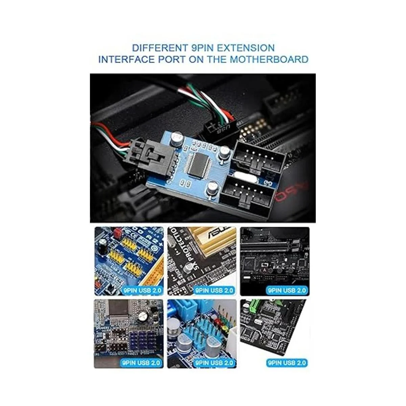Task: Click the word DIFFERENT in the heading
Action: pos(154,48)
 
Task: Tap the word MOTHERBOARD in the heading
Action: pos(269,60)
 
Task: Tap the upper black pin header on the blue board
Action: pos(259,155)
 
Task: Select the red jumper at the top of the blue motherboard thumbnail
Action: pos(117,233)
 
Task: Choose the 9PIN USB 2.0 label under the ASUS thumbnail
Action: pos(215,290)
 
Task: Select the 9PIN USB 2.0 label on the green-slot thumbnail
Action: pos(287,363)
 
